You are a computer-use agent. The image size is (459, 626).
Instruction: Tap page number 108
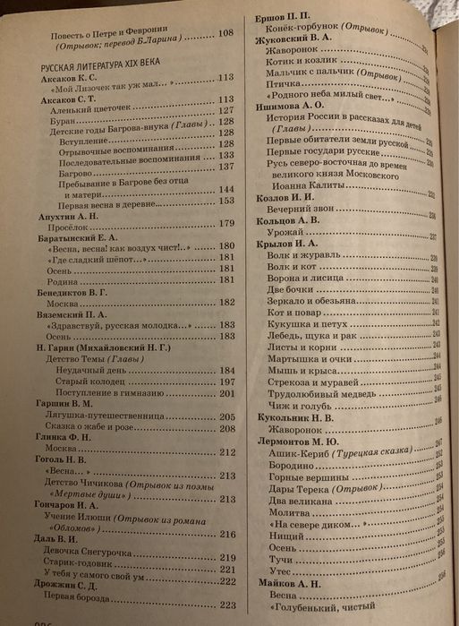coord(226,31)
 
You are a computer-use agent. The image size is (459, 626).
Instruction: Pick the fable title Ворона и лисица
coord(302,278)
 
